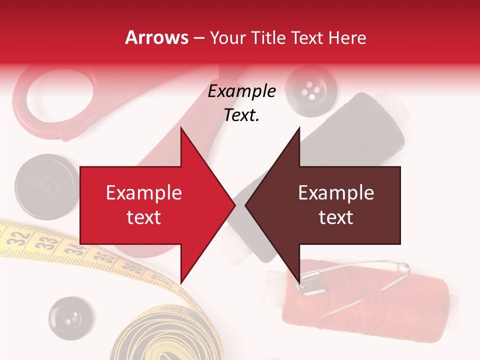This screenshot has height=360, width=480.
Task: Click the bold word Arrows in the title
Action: [x=156, y=37]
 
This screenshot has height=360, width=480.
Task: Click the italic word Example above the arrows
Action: [x=241, y=91]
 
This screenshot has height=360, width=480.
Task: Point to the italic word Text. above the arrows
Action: [x=241, y=115]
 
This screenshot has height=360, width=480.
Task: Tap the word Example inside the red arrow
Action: [x=144, y=193]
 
